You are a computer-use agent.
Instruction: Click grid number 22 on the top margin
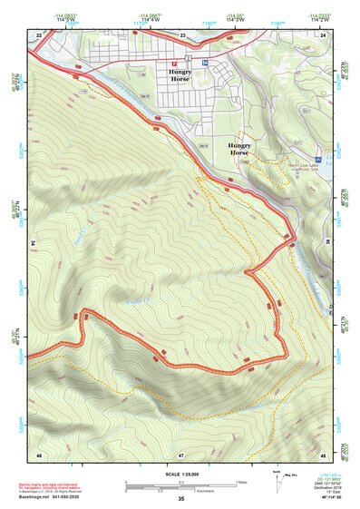[40, 34]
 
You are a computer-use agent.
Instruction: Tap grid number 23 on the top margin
[182, 34]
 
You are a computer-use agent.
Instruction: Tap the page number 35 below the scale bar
[181, 498]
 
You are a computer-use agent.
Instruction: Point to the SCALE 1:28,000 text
[181, 475]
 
